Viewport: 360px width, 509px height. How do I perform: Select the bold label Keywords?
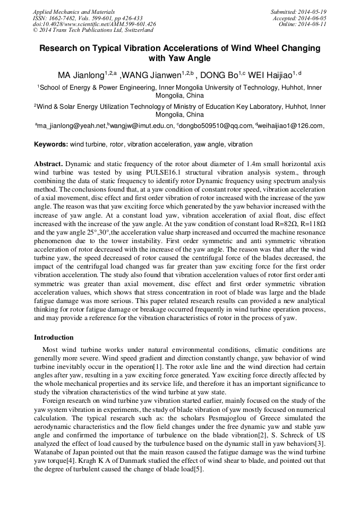[51, 144]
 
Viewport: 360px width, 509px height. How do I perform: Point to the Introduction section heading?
[54, 338]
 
